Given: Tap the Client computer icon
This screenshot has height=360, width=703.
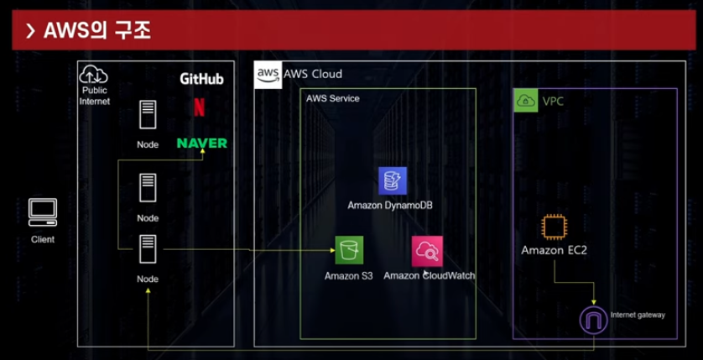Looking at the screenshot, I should pyautogui.click(x=43, y=213).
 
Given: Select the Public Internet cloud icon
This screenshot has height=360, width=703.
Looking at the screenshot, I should pyautogui.click(x=94, y=76).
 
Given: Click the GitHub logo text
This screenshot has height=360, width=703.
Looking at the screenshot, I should pyautogui.click(x=201, y=79).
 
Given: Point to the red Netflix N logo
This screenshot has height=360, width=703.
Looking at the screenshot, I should pyautogui.click(x=199, y=107).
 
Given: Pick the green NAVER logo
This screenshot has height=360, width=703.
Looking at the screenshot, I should pyautogui.click(x=201, y=143).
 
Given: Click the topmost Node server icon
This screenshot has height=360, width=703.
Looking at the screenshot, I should pyautogui.click(x=148, y=114).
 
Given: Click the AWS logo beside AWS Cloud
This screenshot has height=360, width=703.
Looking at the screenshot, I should pyautogui.click(x=268, y=74).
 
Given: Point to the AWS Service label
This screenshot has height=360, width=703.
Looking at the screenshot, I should pyautogui.click(x=332, y=98).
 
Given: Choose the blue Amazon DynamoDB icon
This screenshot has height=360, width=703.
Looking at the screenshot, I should pyautogui.click(x=392, y=180).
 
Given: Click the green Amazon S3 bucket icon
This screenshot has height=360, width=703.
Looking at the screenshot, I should pyautogui.click(x=349, y=250).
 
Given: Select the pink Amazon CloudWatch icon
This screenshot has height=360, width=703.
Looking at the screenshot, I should pyautogui.click(x=427, y=250).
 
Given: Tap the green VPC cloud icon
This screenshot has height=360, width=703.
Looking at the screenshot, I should pyautogui.click(x=526, y=102).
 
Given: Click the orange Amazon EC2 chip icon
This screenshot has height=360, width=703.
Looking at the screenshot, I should pyautogui.click(x=553, y=227).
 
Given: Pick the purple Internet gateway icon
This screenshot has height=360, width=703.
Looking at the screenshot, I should pyautogui.click(x=594, y=321).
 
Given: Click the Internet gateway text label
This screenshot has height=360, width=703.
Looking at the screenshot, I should pyautogui.click(x=638, y=315).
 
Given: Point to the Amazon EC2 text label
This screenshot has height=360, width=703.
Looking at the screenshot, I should pyautogui.click(x=553, y=250).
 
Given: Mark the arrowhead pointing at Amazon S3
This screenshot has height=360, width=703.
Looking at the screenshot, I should pyautogui.click(x=331, y=250).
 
